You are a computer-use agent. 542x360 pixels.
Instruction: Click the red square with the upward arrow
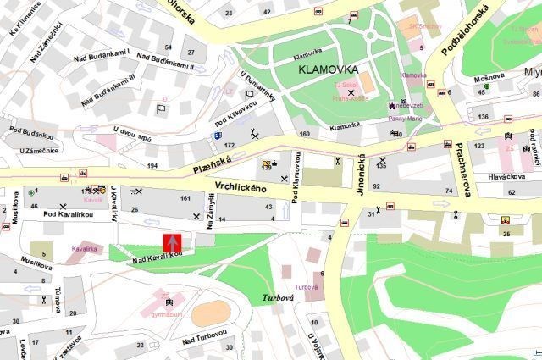[172, 242]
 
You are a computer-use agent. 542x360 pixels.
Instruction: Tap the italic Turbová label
[277, 298]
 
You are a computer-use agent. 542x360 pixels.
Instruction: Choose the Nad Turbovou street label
[204, 338]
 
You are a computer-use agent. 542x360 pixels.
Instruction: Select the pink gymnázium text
[169, 313]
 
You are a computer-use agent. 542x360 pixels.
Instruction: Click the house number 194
[152, 164]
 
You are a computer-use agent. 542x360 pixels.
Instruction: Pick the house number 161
[185, 198]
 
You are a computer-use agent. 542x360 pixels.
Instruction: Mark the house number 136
[483, 116]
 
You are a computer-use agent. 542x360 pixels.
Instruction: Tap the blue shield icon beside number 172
[218, 134]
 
